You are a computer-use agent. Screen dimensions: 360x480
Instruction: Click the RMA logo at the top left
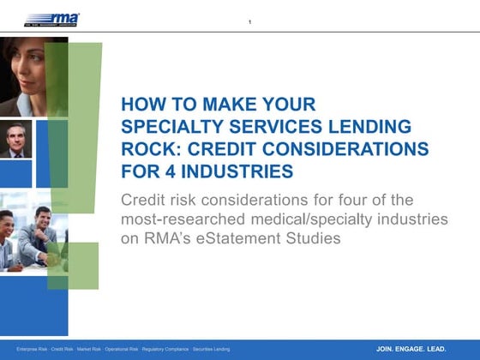(52, 19)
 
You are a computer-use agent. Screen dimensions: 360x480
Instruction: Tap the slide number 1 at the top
(249, 21)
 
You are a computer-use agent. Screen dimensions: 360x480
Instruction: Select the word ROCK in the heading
(149, 149)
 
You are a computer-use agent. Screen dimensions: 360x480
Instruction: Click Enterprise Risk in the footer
(33, 350)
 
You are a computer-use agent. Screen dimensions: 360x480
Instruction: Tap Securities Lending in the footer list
(210, 350)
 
